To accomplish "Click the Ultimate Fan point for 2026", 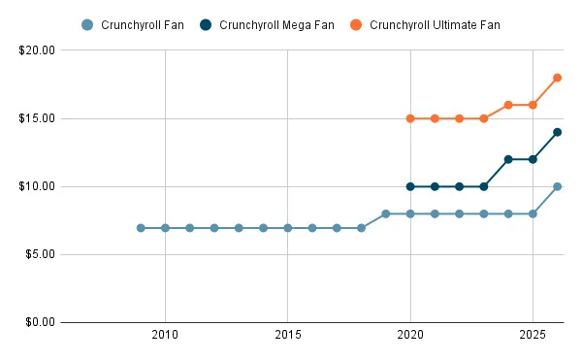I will pyautogui.click(x=558, y=78).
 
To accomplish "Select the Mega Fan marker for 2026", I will pyautogui.click(x=558, y=132).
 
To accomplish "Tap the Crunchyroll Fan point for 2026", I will pyautogui.click(x=558, y=186).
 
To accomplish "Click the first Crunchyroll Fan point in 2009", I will pyautogui.click(x=141, y=228).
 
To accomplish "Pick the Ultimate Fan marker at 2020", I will pyautogui.click(x=410, y=118).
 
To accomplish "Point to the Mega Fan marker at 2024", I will pyautogui.click(x=508, y=159).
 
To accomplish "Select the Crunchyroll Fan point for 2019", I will pyautogui.click(x=386, y=213).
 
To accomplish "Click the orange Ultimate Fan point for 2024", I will pyautogui.click(x=508, y=105).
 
